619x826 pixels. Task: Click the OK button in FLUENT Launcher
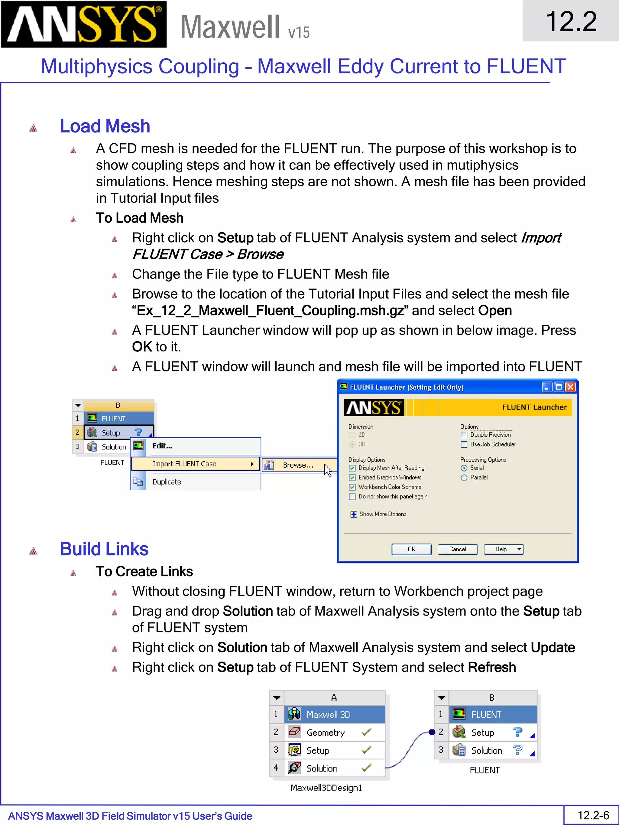(x=411, y=549)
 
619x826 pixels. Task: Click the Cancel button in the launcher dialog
(x=457, y=549)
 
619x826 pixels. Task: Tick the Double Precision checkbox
(x=464, y=435)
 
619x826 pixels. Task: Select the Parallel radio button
(x=464, y=478)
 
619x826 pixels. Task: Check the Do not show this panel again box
(x=352, y=497)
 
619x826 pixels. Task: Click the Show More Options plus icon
(x=353, y=514)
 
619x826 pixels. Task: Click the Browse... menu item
(x=297, y=465)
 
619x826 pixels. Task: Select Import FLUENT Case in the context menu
(x=184, y=464)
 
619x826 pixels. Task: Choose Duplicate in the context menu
(x=167, y=482)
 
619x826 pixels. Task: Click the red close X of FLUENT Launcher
(x=570, y=387)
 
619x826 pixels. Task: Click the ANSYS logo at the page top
(x=84, y=24)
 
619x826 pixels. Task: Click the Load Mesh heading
(x=105, y=126)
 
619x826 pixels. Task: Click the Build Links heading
(x=104, y=549)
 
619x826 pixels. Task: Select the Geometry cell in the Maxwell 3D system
(x=325, y=733)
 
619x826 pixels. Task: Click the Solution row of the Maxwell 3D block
(x=322, y=768)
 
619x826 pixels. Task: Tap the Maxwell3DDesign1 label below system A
(x=326, y=788)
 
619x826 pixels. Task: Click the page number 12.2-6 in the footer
(x=593, y=815)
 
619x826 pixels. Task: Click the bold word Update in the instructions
(x=553, y=648)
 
